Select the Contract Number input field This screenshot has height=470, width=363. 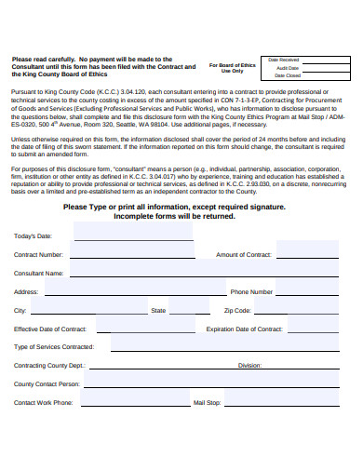coord(130,254)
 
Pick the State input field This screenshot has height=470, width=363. coord(191,310)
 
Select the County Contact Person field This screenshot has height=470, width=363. coord(186,383)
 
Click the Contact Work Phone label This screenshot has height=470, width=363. coord(43,402)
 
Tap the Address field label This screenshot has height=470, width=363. coord(26,291)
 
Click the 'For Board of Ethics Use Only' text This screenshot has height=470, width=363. coord(233,67)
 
